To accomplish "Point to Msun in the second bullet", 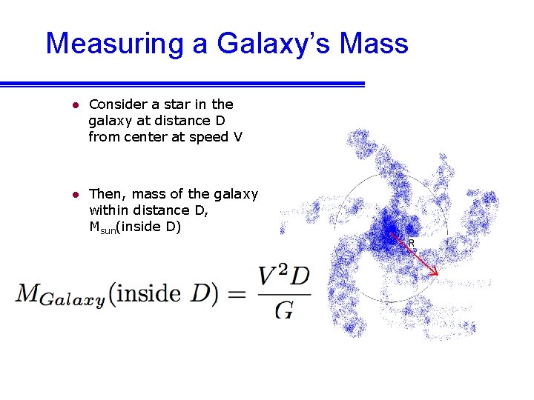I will click(104, 227).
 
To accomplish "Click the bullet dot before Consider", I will click(75, 105).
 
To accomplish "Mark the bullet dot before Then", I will click(75, 195).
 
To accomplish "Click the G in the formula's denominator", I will click(283, 308).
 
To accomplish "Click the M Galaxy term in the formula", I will click(59, 295).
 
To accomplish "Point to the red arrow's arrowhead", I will click(435, 273).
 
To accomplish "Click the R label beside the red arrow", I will click(412, 243).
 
